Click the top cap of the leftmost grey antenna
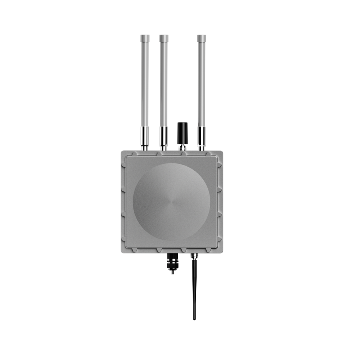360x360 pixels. (x=145, y=37)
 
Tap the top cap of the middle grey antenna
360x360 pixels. (x=164, y=37)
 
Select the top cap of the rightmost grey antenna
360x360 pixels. (x=202, y=37)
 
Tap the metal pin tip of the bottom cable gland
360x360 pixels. (x=172, y=273)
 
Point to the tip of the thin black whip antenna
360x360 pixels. (x=195, y=319)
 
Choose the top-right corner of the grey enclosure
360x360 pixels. (x=223, y=152)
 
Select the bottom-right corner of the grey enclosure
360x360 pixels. (x=223, y=252)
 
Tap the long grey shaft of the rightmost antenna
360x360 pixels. (x=202, y=83)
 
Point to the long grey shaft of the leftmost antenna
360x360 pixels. (x=145, y=83)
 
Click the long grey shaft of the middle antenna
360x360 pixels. (x=164, y=83)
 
